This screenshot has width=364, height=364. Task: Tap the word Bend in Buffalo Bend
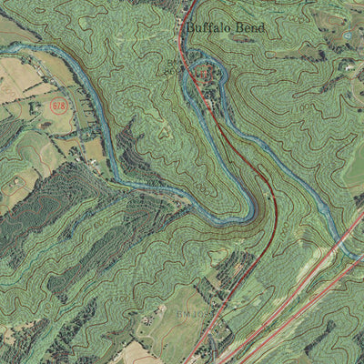pyautogui.click(x=248, y=28)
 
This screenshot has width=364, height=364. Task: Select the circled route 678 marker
pyautogui.click(x=59, y=106)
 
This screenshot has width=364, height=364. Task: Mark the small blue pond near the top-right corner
pyautogui.click(x=349, y=35)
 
